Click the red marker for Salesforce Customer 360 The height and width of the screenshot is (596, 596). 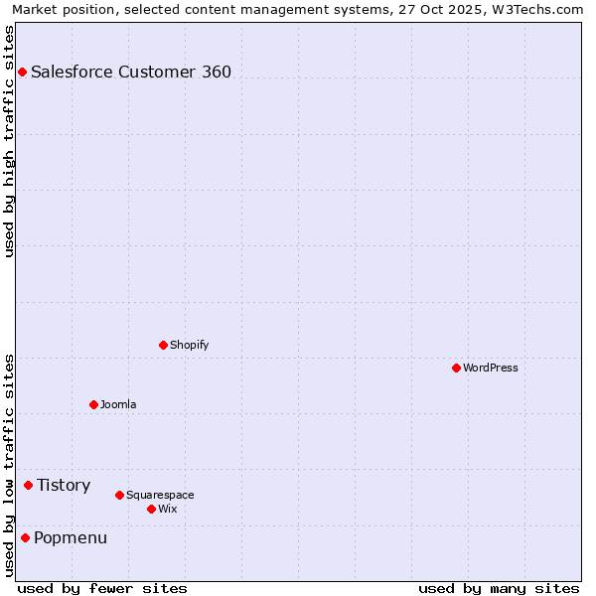pos(22,72)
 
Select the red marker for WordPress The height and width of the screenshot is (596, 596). pos(456,368)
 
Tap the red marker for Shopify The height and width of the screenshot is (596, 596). pos(163,345)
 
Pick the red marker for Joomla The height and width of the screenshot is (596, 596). pos(93,404)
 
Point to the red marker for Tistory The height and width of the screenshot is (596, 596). pos(28,485)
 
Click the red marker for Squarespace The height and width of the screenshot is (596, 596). pos(119,495)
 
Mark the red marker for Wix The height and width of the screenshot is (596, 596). pos(151,509)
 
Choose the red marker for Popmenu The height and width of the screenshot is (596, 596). pos(25,537)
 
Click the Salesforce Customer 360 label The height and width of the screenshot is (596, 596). pos(131,72)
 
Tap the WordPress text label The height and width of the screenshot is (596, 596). pos(491,368)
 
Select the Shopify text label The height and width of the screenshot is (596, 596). pos(189,345)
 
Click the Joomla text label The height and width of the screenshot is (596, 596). pos(118,404)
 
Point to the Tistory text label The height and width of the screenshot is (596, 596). pos(64,485)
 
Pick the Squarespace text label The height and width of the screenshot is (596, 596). pos(160,495)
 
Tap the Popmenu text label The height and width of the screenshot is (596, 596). pos(71,537)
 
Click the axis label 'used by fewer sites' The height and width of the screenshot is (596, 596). pos(102,588)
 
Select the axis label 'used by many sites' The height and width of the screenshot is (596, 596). pos(499,588)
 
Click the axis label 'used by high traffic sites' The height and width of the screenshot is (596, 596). pos(10,141)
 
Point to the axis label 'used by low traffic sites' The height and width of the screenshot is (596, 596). pos(10,465)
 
